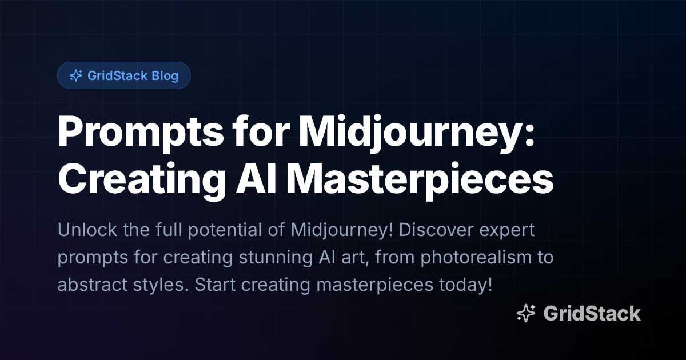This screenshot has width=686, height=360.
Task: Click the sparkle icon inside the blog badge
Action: (75, 75)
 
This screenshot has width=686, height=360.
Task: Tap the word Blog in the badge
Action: (165, 75)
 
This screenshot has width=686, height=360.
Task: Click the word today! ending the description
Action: (465, 285)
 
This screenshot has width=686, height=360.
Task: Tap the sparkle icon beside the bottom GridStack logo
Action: (526, 313)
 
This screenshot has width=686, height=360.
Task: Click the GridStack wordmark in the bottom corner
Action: (592, 313)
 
